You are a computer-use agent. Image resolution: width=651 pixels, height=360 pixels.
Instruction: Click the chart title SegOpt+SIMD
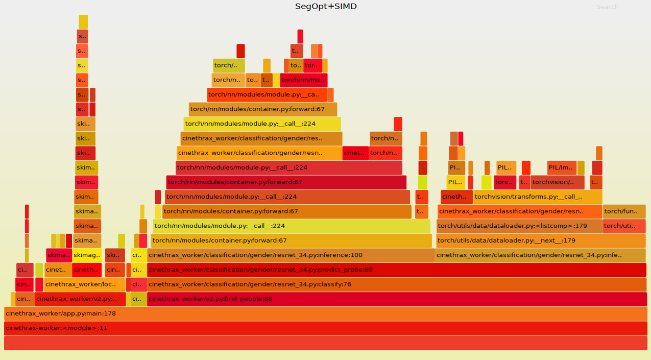pyautogui.click(x=326, y=7)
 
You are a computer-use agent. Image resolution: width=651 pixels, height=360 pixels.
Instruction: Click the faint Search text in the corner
pyautogui.click(x=607, y=7)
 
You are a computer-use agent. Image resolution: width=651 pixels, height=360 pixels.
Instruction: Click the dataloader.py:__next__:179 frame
pyautogui.click(x=541, y=241)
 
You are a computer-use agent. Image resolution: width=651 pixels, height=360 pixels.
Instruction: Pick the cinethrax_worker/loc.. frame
pyautogui.click(x=85, y=284)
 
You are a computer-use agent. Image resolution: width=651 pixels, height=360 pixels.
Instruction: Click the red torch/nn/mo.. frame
pyautogui.click(x=303, y=80)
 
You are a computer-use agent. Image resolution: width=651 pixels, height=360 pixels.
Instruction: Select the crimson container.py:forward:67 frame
pyautogui.click(x=286, y=182)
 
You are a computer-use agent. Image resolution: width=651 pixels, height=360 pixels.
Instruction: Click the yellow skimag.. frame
pyautogui.click(x=87, y=255)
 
